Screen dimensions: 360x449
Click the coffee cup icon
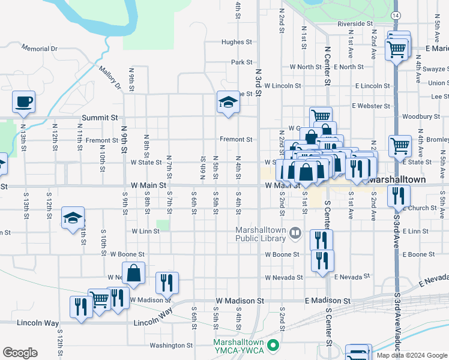(23, 101)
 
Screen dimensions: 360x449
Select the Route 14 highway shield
(395, 14)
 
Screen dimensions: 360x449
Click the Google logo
(20, 352)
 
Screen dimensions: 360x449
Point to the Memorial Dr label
(39, 48)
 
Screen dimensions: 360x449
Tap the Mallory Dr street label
(110, 77)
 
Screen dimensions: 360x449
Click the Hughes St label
(237, 43)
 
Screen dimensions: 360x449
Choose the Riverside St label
(355, 24)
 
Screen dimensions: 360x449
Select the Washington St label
(171, 346)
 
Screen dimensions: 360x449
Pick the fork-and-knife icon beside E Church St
(399, 195)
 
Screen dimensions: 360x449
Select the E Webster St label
(371, 106)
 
